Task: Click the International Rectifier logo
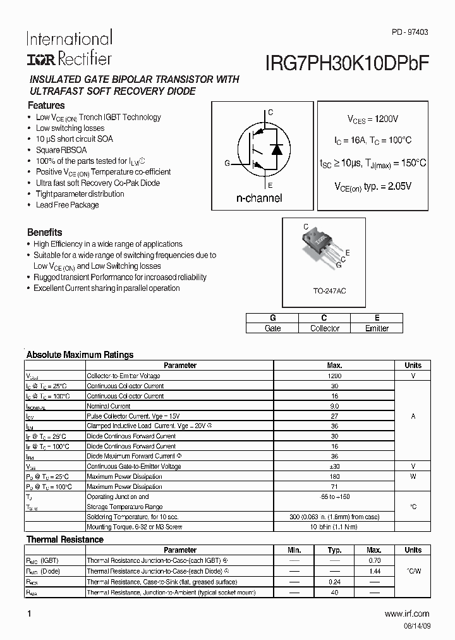click(69, 48)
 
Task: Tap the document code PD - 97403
click(409, 31)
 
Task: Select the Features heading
click(46, 106)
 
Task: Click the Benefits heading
click(45, 232)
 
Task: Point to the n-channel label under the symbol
click(259, 198)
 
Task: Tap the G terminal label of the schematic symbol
click(226, 163)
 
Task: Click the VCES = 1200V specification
click(373, 119)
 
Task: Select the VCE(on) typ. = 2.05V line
click(373, 187)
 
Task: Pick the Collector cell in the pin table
click(324, 328)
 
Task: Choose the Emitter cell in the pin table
click(377, 328)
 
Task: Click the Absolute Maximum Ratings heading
click(80, 355)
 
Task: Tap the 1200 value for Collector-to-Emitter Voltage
click(334, 376)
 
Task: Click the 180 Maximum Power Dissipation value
click(334, 476)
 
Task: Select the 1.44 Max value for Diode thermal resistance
click(374, 570)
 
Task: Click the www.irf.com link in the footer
click(406, 614)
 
